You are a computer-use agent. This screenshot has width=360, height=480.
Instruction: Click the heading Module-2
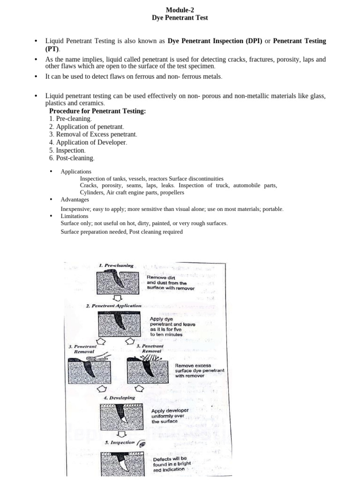(180, 10)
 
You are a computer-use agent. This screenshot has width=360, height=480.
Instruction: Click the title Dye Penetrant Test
(180, 18)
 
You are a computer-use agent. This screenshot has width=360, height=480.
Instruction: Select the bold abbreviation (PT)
(52, 49)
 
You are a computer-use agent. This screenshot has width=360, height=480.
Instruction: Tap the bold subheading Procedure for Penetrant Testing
(97, 111)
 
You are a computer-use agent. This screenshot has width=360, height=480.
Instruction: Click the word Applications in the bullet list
(76, 172)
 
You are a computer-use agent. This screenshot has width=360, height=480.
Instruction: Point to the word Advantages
(75, 200)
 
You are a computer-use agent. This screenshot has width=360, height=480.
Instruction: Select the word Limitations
(74, 216)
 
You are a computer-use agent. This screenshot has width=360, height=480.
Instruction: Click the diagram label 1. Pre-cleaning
(116, 265)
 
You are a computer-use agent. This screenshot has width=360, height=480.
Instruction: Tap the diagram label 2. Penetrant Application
(113, 306)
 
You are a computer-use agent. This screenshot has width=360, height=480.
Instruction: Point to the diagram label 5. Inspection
(120, 442)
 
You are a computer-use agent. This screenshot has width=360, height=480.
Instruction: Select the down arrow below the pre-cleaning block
(118, 298)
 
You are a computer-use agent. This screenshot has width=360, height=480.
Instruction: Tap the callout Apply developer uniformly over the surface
(170, 416)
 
